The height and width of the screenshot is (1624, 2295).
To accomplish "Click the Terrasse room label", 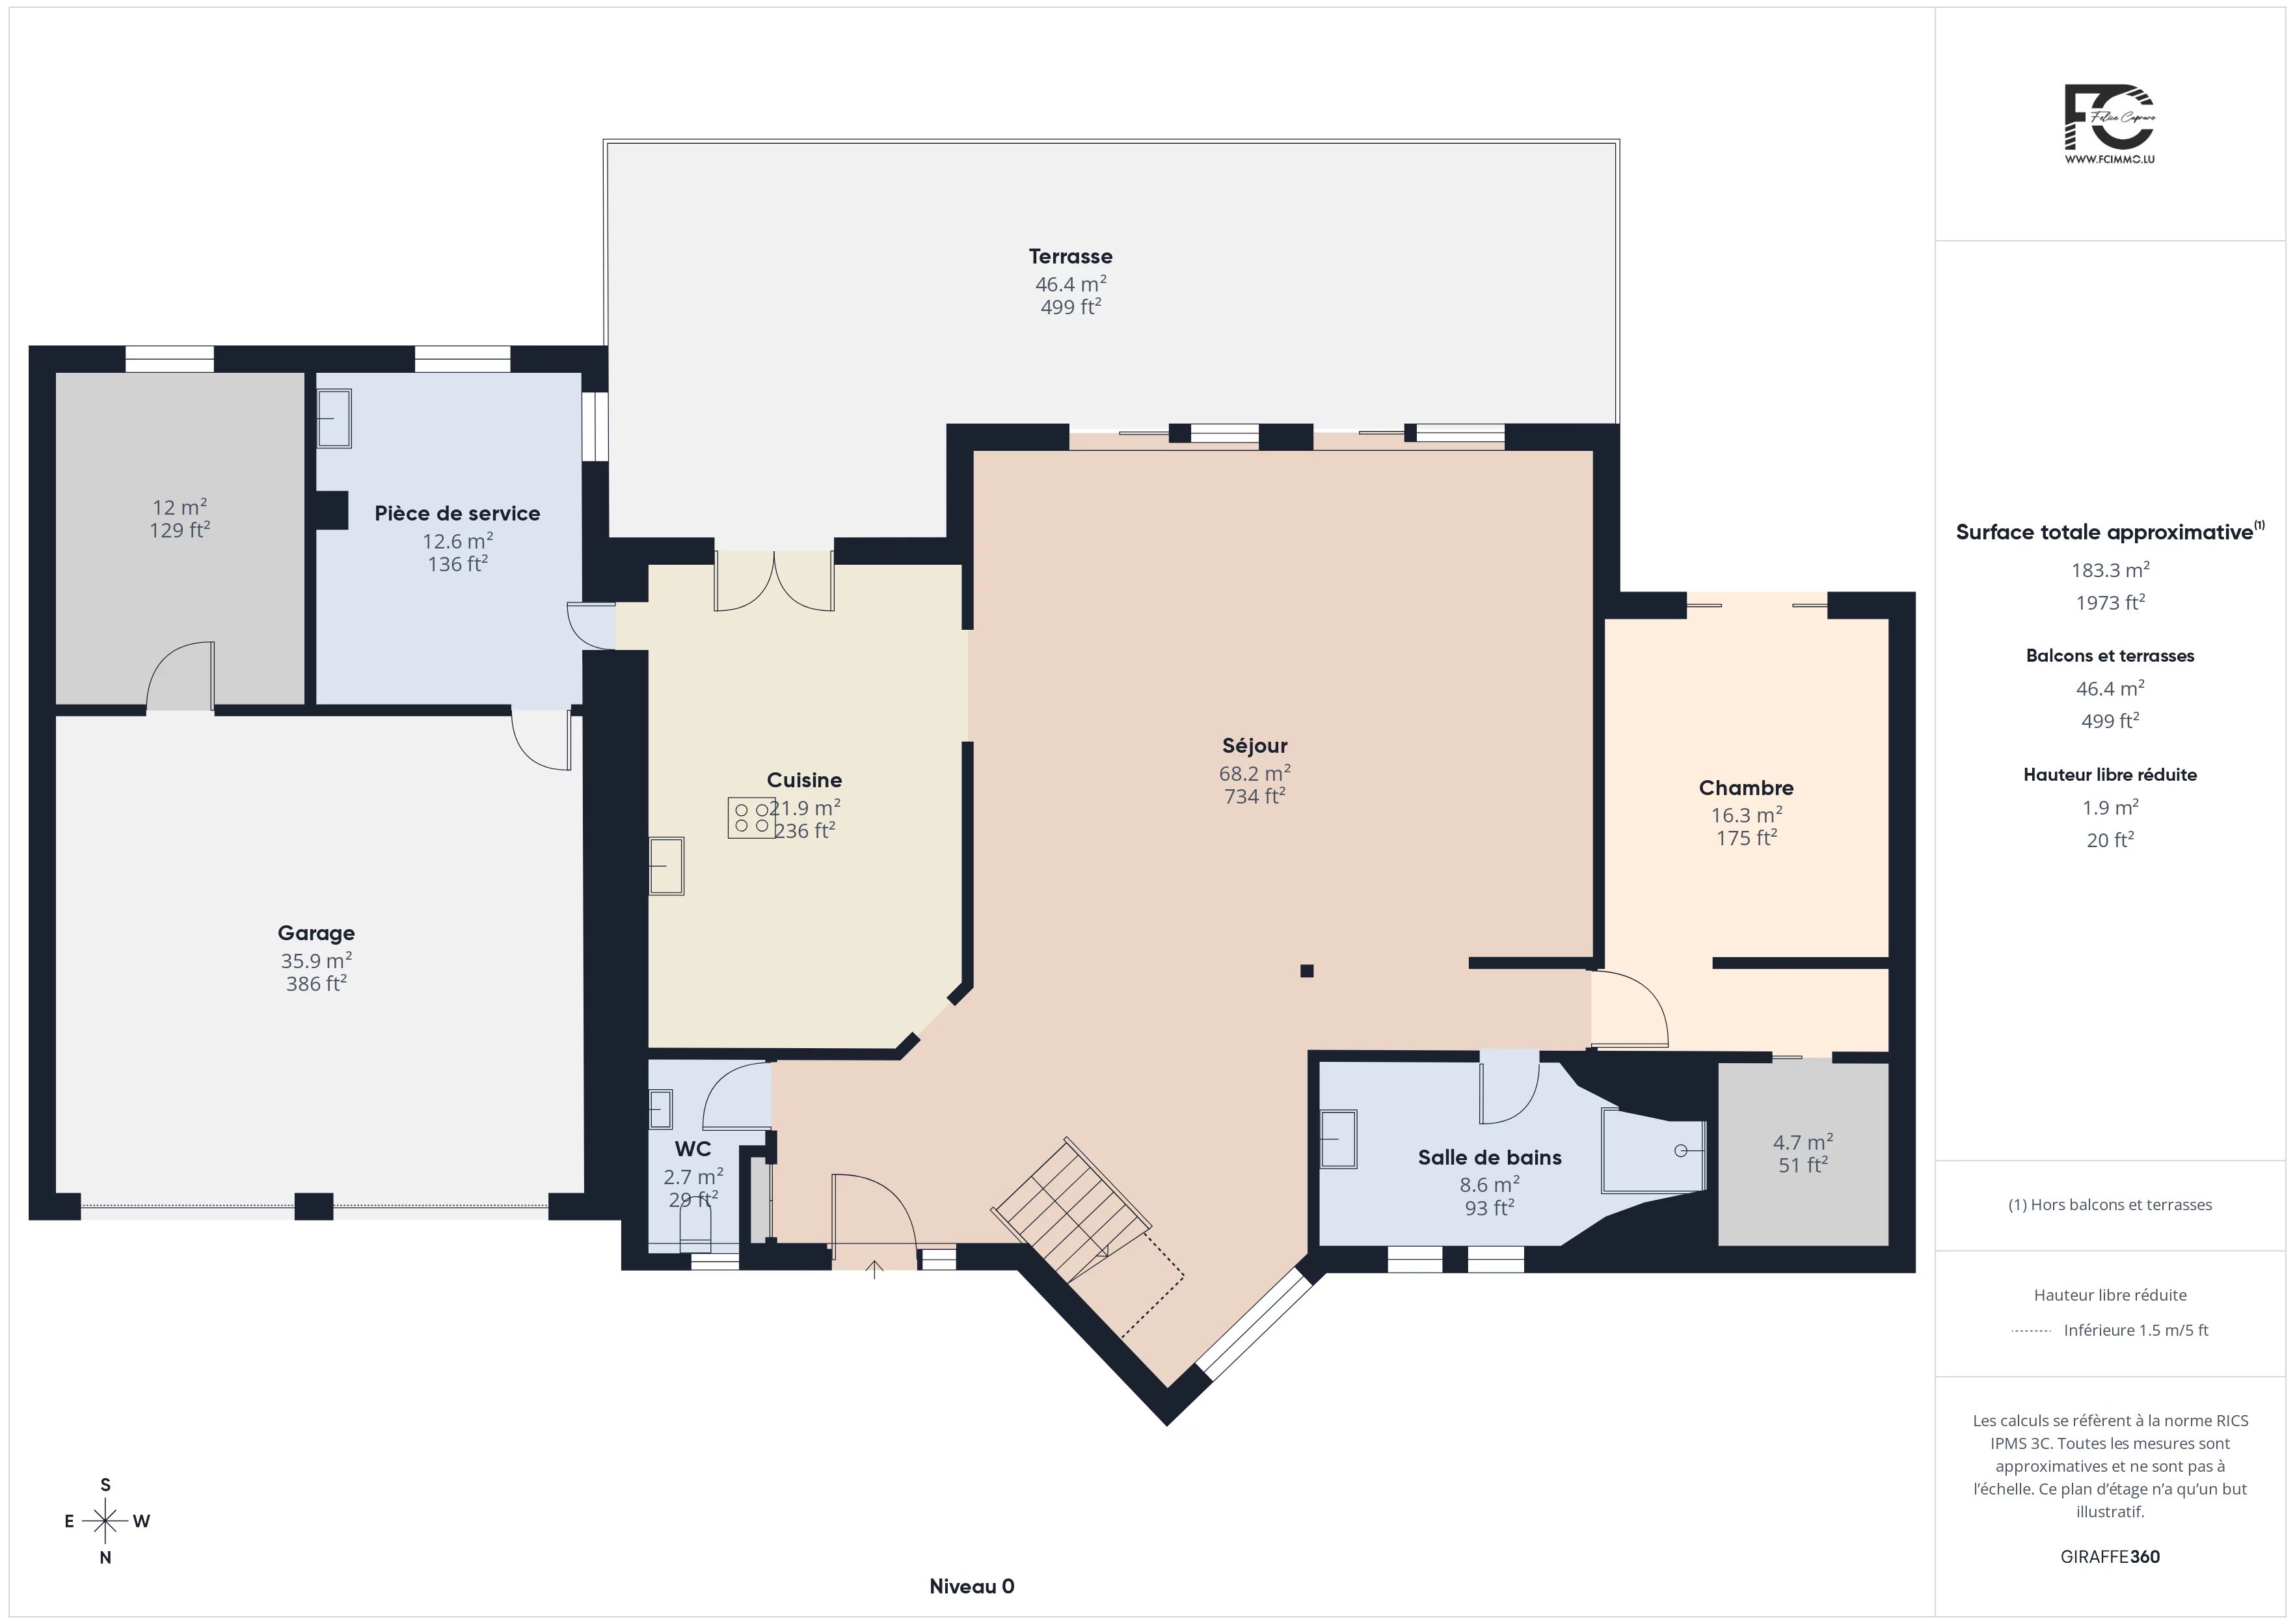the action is point(1071,257).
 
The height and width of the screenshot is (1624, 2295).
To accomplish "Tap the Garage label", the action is point(316,933).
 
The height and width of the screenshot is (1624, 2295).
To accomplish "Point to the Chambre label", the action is point(1746,788).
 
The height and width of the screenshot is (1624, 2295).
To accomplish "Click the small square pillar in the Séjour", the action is point(1306,970).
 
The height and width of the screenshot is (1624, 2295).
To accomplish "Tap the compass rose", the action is point(105,1521).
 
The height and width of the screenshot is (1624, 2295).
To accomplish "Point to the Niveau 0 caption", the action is point(972,1586).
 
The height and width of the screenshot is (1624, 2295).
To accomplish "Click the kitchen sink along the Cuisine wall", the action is point(667,866).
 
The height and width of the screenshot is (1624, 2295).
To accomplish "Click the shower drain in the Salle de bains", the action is point(1682,1151).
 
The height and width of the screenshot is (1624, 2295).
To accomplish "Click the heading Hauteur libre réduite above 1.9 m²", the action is point(2110,775).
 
